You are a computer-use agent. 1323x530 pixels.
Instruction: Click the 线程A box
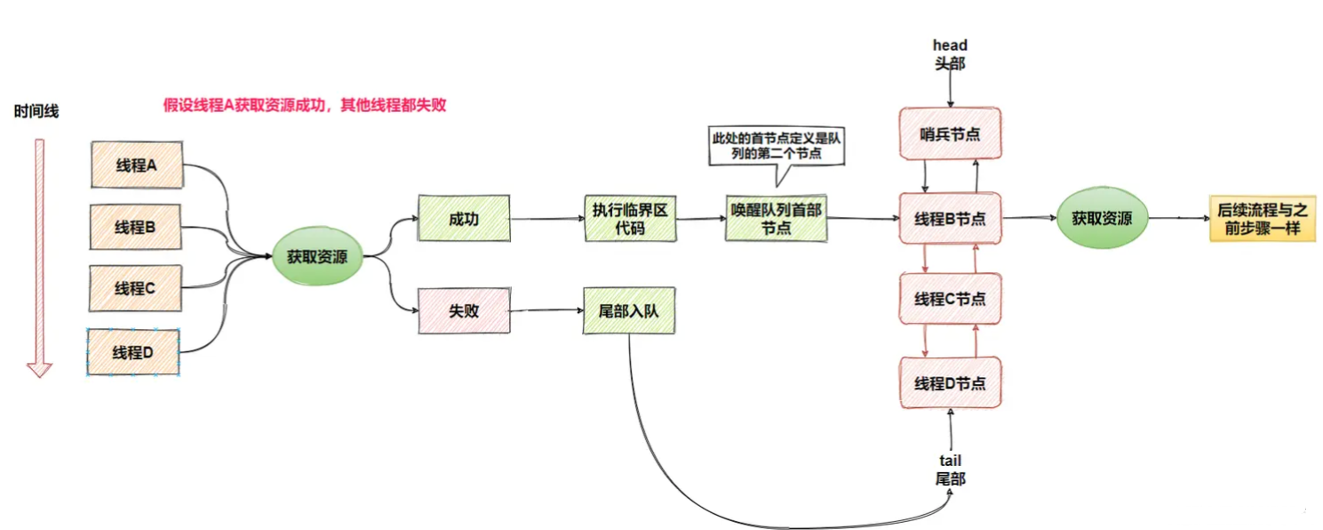pyautogui.click(x=137, y=165)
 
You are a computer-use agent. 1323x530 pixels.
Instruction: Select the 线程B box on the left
pyautogui.click(x=136, y=227)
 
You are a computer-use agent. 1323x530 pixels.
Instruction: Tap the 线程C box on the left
pyautogui.click(x=136, y=288)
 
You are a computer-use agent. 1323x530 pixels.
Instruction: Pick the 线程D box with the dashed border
pyautogui.click(x=133, y=352)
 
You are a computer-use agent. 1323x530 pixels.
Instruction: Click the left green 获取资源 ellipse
pyautogui.click(x=317, y=257)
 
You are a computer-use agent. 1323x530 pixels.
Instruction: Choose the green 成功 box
pyautogui.click(x=464, y=219)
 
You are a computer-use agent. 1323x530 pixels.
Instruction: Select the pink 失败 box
pyautogui.click(x=464, y=311)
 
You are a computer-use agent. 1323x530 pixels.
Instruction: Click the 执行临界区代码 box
pyautogui.click(x=630, y=219)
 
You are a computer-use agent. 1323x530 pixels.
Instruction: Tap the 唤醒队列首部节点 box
pyautogui.click(x=776, y=219)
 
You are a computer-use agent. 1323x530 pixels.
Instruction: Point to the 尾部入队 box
pyautogui.click(x=629, y=310)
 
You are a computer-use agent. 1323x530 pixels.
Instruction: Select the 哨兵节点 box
pyautogui.click(x=950, y=134)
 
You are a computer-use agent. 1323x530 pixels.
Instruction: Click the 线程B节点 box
pyautogui.click(x=950, y=218)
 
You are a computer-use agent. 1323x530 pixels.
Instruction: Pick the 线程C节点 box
pyautogui.click(x=950, y=300)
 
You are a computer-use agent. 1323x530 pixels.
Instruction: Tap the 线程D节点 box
pyautogui.click(x=950, y=383)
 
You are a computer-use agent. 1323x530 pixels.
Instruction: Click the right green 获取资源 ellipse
pyautogui.click(x=1102, y=218)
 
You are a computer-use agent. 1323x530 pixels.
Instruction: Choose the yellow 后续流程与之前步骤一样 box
pyautogui.click(x=1261, y=219)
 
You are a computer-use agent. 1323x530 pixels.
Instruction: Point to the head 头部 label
pyautogui.click(x=950, y=53)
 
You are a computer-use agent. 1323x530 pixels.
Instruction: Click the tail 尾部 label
pyautogui.click(x=950, y=470)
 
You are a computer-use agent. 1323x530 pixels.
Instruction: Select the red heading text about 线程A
pyautogui.click(x=304, y=105)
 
